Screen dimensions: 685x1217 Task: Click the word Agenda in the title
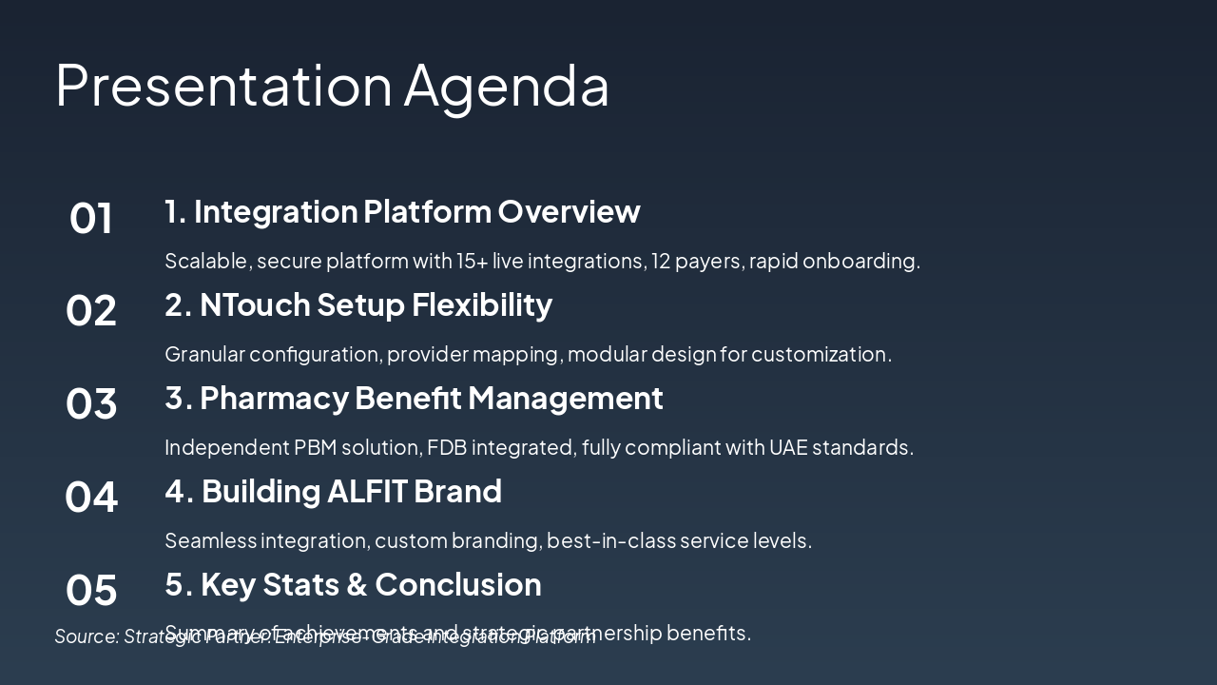click(506, 86)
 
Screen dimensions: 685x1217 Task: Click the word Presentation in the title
click(223, 86)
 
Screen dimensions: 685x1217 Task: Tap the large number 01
click(91, 218)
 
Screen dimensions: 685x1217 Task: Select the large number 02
click(91, 311)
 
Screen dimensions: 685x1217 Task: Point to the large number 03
click(91, 404)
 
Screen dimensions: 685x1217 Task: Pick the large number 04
click(91, 498)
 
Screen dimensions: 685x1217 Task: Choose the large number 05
click(91, 591)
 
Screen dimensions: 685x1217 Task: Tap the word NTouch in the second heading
click(254, 304)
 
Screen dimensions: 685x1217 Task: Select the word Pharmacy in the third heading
click(275, 398)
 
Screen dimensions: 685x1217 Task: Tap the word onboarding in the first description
click(860, 261)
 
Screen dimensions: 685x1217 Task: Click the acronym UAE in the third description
click(787, 447)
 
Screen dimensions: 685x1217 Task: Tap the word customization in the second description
click(821, 354)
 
